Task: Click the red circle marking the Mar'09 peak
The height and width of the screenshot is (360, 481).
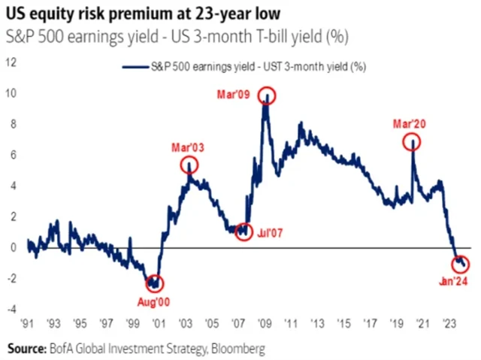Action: point(267,95)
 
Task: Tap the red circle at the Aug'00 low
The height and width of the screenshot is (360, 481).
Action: point(155,283)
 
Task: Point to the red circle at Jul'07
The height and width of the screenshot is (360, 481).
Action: point(243,231)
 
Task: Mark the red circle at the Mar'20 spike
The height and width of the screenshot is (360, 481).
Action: point(412,141)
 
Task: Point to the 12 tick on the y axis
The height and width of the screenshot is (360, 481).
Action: point(11,62)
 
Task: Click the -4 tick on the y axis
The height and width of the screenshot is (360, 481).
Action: point(11,309)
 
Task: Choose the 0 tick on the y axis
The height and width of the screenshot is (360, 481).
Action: point(14,247)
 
